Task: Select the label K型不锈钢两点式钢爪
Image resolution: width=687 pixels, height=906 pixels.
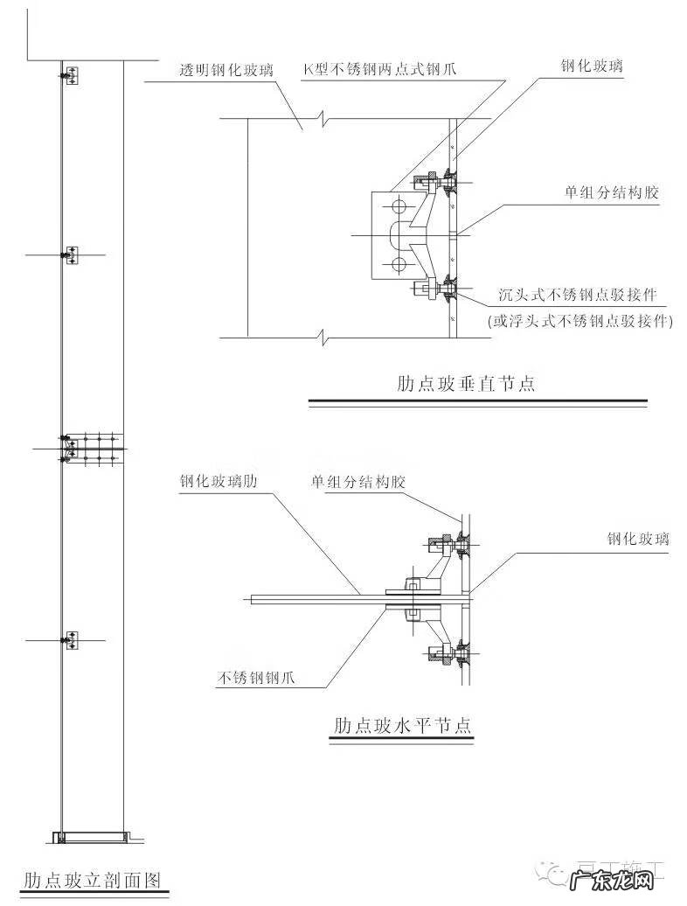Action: pyautogui.click(x=380, y=69)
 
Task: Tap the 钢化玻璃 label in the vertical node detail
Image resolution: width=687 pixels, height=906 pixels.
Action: pyautogui.click(x=592, y=66)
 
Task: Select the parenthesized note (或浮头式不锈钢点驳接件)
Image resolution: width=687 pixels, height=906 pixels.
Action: pyautogui.click(x=580, y=321)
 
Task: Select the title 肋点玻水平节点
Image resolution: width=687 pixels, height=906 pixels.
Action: pyautogui.click(x=402, y=725)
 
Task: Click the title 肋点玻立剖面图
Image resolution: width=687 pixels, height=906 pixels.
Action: pyautogui.click(x=93, y=877)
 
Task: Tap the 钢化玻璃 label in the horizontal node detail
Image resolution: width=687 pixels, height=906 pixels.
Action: pyautogui.click(x=638, y=539)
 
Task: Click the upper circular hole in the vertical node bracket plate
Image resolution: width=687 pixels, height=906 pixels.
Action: pyautogui.click(x=399, y=206)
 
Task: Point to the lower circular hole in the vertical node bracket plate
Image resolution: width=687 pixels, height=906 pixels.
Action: pyautogui.click(x=399, y=264)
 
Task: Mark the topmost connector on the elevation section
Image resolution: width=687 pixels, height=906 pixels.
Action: pyautogui.click(x=70, y=75)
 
